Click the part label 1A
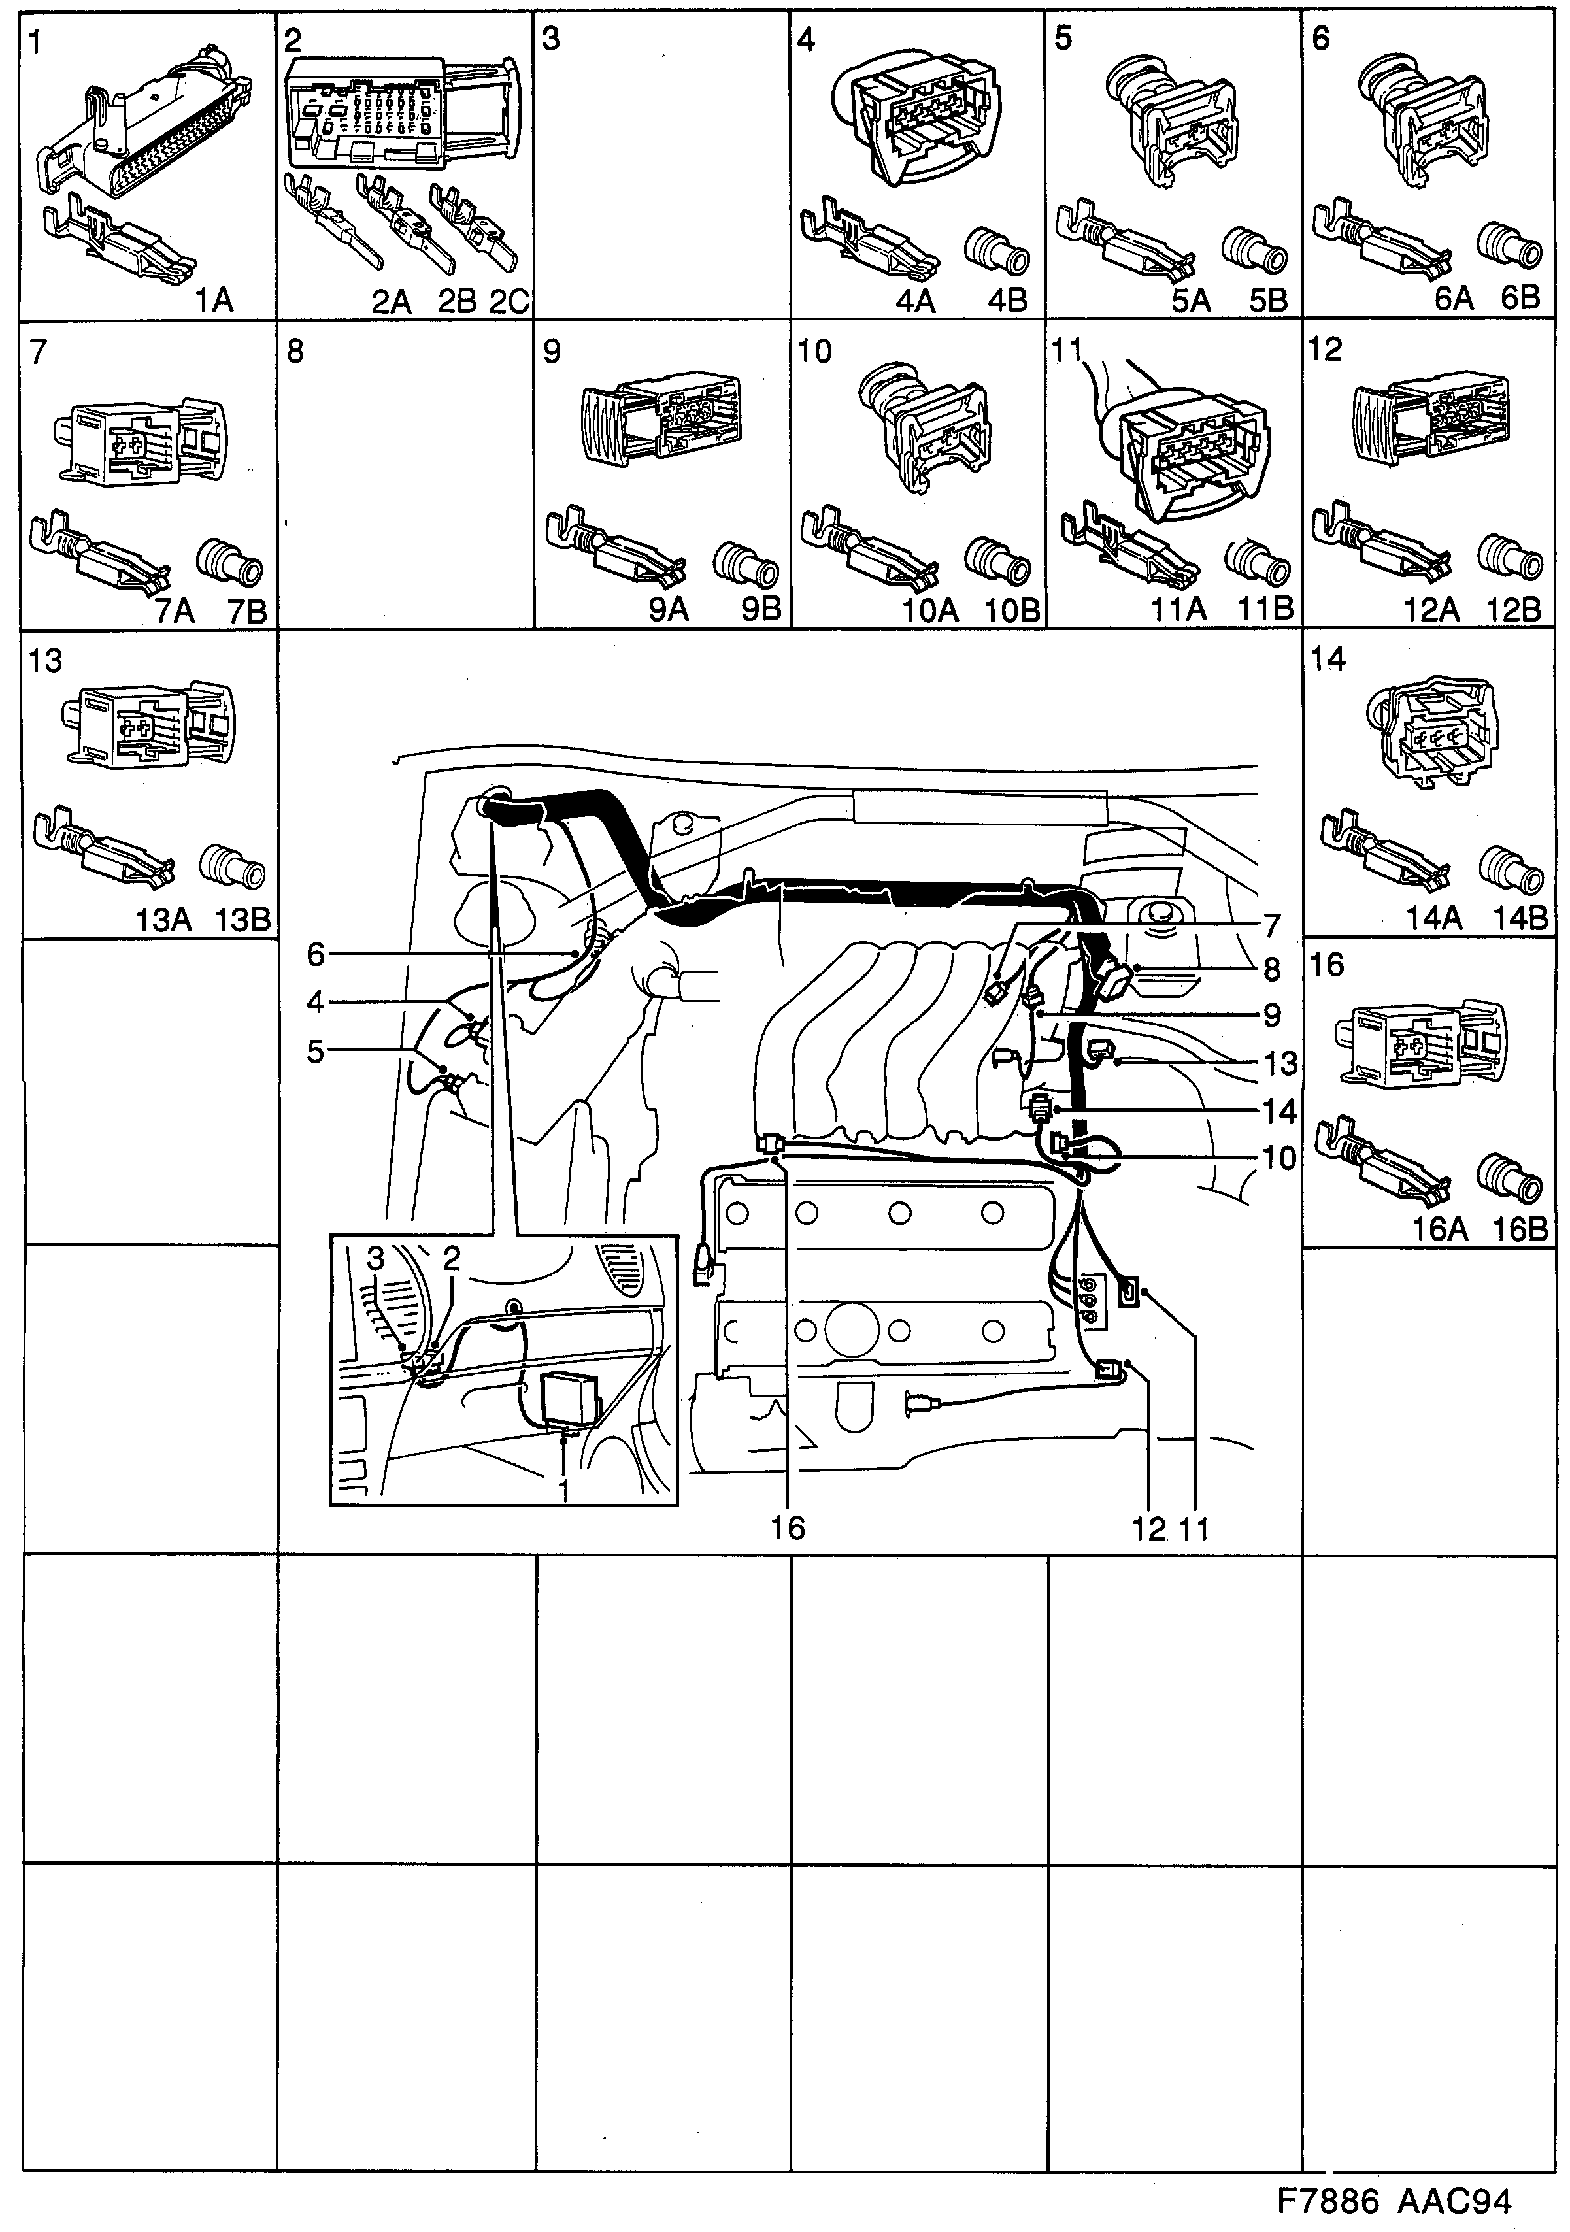[x=213, y=301]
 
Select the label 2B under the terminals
[x=457, y=301]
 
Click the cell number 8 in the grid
[x=295, y=352]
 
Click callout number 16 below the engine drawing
[x=788, y=1527]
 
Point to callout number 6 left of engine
[x=316, y=955]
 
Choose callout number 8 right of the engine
[x=1271, y=969]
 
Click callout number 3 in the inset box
[x=376, y=1259]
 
